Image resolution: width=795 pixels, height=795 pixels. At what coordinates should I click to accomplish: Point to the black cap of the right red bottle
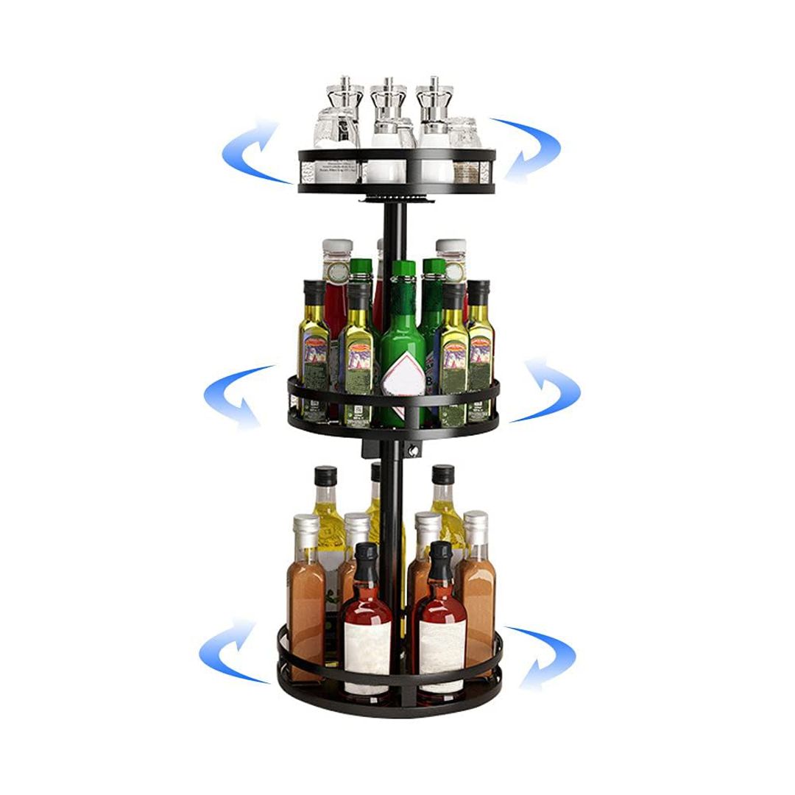441,559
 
